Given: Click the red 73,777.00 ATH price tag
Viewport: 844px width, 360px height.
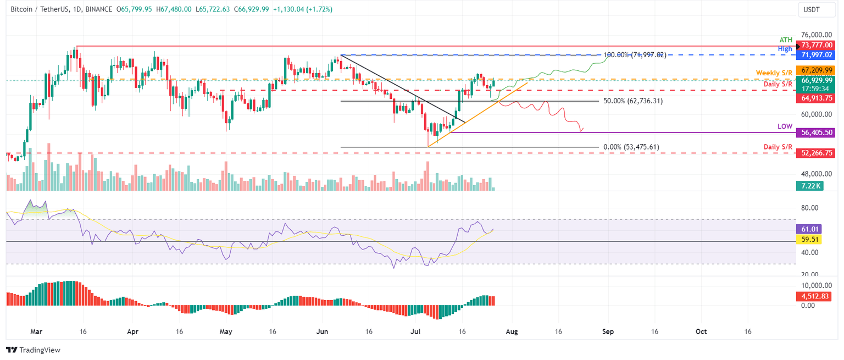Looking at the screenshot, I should (x=818, y=45).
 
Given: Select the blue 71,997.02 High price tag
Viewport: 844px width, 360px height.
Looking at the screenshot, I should (x=818, y=55).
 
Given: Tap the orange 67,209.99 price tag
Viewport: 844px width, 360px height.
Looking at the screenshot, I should (x=818, y=70).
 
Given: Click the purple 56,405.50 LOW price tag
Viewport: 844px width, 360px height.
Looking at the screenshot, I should (x=818, y=132).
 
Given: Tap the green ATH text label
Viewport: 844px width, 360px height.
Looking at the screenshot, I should (x=786, y=40).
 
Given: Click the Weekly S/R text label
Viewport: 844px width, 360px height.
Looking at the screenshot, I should (x=774, y=73).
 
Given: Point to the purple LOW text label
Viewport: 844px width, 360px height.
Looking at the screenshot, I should (x=785, y=126).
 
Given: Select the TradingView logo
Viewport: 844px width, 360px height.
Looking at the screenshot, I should (x=33, y=350).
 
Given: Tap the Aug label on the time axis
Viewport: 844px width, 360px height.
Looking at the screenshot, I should (x=512, y=332).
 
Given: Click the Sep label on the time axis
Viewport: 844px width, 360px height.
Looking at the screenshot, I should (x=608, y=332).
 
